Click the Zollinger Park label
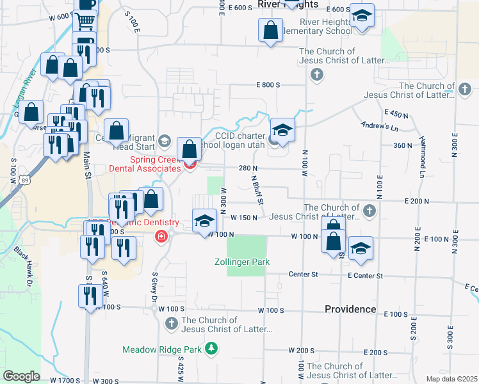(242, 262)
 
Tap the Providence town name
(350, 309)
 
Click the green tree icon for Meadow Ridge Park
(209, 348)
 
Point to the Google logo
(21, 376)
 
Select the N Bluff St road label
(257, 191)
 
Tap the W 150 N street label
(244, 218)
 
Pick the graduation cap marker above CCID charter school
(282, 130)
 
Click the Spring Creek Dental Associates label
(145, 164)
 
